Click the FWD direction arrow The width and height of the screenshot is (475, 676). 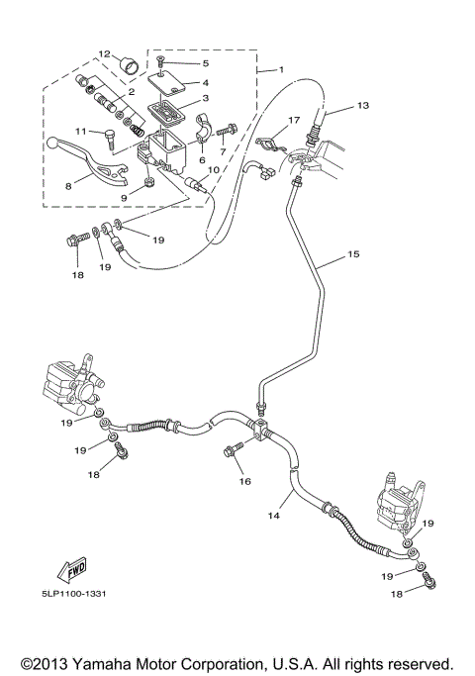(x=71, y=570)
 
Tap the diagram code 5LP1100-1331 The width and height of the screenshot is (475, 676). (x=73, y=594)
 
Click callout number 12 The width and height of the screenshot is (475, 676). (x=104, y=53)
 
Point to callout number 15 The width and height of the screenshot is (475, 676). (x=353, y=254)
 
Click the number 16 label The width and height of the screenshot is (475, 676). (x=244, y=481)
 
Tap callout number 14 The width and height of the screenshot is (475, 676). (x=274, y=516)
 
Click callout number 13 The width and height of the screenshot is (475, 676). (x=363, y=105)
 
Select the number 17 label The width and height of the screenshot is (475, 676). (x=294, y=120)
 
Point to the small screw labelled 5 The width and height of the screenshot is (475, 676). (x=160, y=63)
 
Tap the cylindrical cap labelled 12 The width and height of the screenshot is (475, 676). (x=130, y=67)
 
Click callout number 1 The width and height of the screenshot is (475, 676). (x=281, y=69)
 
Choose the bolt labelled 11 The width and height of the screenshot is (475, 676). (x=109, y=139)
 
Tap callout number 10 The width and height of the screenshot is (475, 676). (x=214, y=170)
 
